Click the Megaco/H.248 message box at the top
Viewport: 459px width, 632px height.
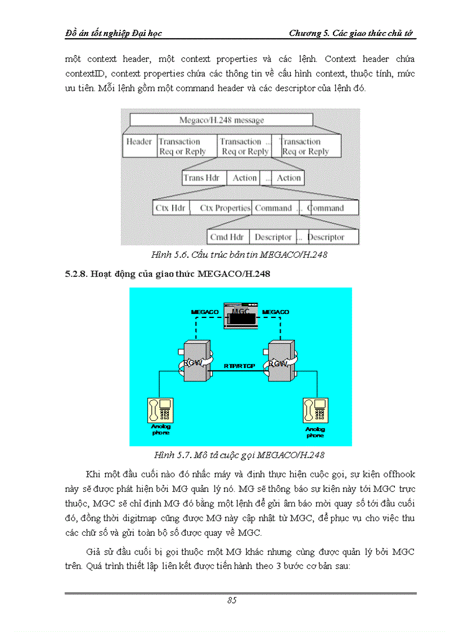point(221,120)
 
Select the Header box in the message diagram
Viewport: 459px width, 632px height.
point(139,146)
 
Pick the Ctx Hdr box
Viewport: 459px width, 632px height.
point(170,208)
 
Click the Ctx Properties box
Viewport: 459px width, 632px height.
point(224,208)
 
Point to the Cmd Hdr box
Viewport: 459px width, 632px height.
point(227,237)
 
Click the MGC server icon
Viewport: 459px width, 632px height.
point(241,317)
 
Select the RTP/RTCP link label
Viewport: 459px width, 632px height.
point(240,366)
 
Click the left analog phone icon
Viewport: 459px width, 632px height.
point(160,410)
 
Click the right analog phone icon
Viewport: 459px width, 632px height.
point(314,411)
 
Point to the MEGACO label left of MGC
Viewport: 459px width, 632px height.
point(205,311)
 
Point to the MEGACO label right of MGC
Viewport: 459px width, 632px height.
point(276,311)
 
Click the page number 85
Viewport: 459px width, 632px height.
point(232,600)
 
